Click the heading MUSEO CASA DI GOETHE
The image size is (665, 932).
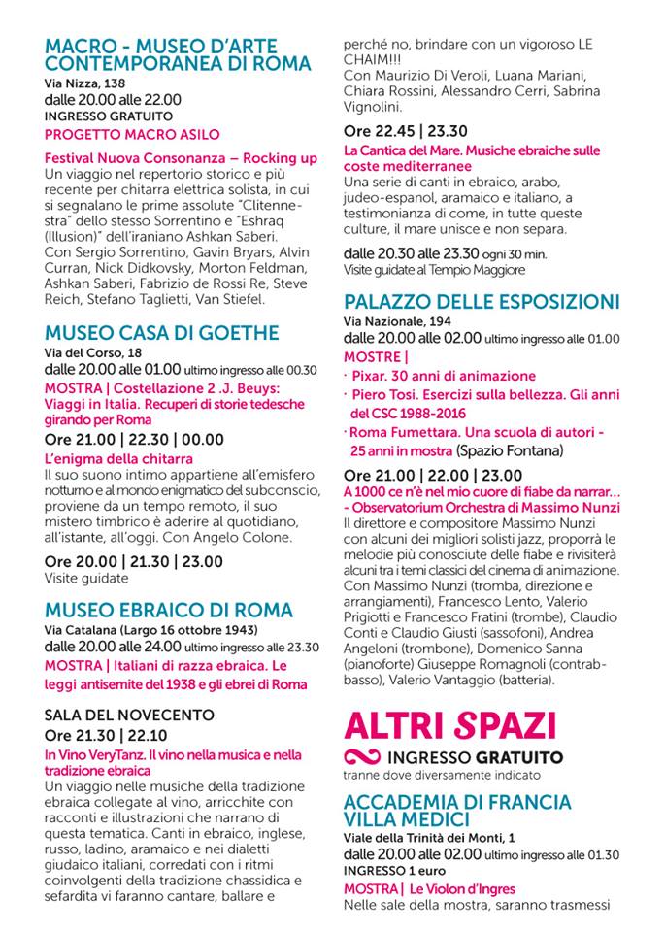162,333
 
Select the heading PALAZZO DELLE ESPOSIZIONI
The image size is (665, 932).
482,301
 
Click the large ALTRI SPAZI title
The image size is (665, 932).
450,725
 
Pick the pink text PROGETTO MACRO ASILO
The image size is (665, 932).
132,134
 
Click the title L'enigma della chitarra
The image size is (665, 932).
118,458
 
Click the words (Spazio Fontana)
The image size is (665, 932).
508,450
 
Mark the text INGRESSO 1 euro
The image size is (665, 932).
387,870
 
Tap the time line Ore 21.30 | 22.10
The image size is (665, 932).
105,735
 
